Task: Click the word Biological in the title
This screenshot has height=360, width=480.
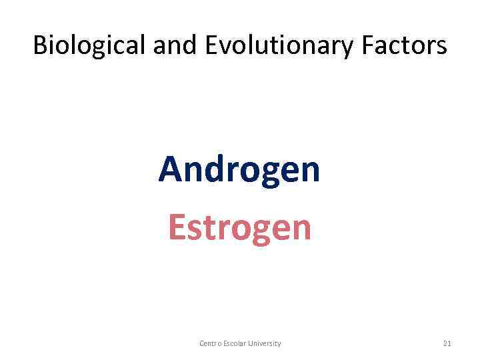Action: click(89, 45)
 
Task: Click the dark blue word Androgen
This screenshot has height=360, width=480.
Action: click(239, 169)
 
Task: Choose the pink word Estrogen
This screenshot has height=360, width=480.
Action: click(239, 227)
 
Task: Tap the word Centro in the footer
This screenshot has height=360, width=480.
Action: click(211, 343)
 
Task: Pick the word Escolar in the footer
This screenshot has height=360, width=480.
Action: click(237, 343)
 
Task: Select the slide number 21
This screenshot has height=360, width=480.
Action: click(447, 343)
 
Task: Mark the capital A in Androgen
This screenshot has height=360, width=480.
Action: click(169, 169)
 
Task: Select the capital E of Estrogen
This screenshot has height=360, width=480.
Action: click(176, 227)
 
